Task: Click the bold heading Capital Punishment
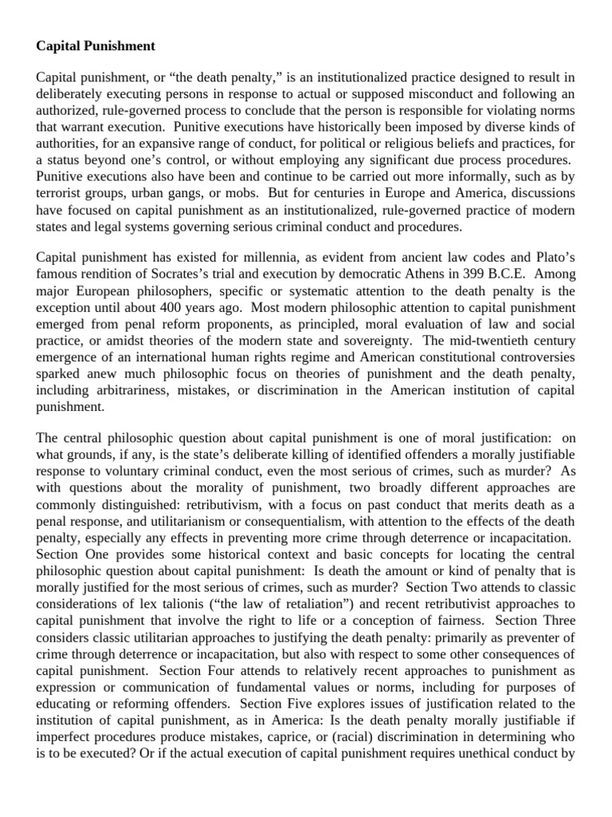tap(96, 46)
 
